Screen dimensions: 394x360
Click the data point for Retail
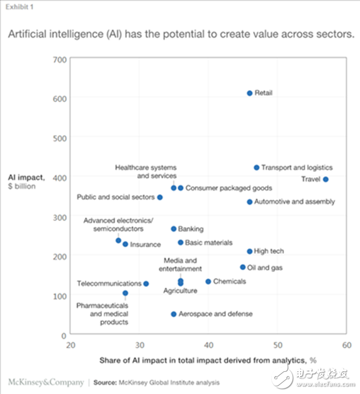click(250, 93)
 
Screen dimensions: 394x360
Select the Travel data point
click(326, 179)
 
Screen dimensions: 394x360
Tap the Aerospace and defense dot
click(173, 314)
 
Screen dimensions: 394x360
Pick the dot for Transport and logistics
click(256, 168)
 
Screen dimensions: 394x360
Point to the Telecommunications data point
click(146, 283)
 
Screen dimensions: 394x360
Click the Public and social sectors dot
click(160, 197)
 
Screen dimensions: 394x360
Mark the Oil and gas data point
click(243, 267)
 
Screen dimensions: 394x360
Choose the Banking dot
click(173, 229)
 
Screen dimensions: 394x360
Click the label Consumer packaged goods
click(229, 188)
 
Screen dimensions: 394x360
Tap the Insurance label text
click(145, 244)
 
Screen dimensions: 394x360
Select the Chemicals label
click(229, 281)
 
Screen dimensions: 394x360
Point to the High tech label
click(269, 251)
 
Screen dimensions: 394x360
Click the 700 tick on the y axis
click(59, 59)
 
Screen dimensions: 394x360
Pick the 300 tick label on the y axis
click(59, 216)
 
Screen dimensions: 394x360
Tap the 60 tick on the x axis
click(346, 345)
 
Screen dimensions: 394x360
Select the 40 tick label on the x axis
click(208, 345)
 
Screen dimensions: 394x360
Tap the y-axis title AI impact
click(23, 177)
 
